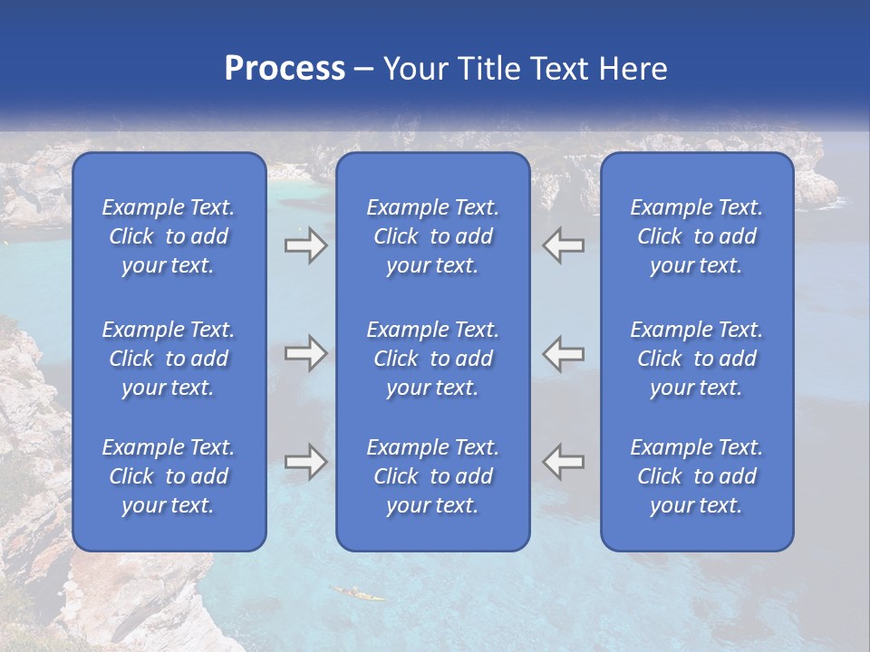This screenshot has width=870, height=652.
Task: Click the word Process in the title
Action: click(285, 69)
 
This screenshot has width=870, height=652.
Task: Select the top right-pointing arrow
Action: click(305, 245)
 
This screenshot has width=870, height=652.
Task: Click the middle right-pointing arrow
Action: click(305, 353)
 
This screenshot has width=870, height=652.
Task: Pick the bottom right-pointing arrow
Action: click(305, 462)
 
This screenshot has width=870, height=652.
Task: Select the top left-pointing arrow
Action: click(563, 245)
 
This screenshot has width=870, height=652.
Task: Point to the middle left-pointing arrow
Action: click(563, 353)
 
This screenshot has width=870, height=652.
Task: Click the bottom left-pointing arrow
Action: click(563, 462)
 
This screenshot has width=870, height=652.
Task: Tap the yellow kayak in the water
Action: click(357, 593)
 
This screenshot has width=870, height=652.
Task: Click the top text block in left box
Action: click(169, 236)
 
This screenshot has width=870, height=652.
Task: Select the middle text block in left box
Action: click(169, 359)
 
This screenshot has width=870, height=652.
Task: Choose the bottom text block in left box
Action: click(169, 476)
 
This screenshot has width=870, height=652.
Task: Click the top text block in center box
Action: click(433, 236)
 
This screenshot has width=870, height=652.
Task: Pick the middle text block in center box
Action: click(433, 359)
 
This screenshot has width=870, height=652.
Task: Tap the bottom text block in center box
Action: click(433, 476)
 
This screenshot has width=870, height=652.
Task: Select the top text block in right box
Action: click(697, 236)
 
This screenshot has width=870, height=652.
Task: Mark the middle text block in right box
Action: click(697, 359)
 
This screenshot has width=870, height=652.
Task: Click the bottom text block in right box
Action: click(697, 476)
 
